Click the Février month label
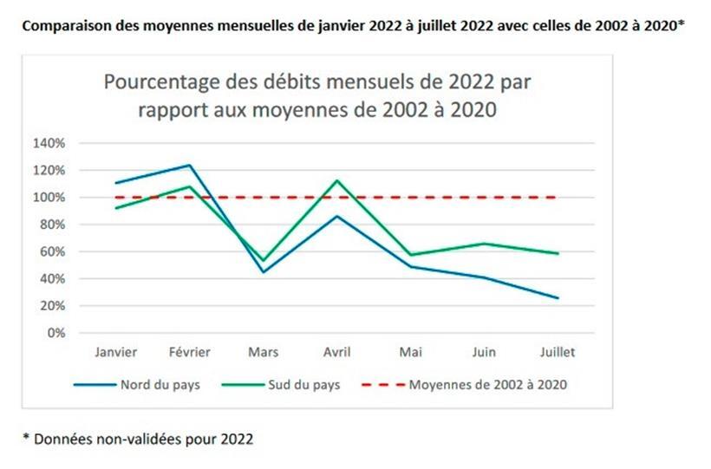pyautogui.click(x=189, y=353)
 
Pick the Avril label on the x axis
pyautogui.click(x=336, y=353)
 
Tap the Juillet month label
pyautogui.click(x=557, y=353)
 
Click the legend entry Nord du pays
pyautogui.click(x=160, y=384)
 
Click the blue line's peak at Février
pyautogui.click(x=189, y=165)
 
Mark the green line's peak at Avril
pyautogui.click(x=336, y=180)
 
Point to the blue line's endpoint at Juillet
pyautogui.click(x=558, y=298)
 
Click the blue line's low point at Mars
pyautogui.click(x=263, y=272)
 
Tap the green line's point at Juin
pyautogui.click(x=484, y=244)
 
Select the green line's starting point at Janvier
pyautogui.click(x=115, y=208)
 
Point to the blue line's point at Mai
pyautogui.click(x=410, y=266)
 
